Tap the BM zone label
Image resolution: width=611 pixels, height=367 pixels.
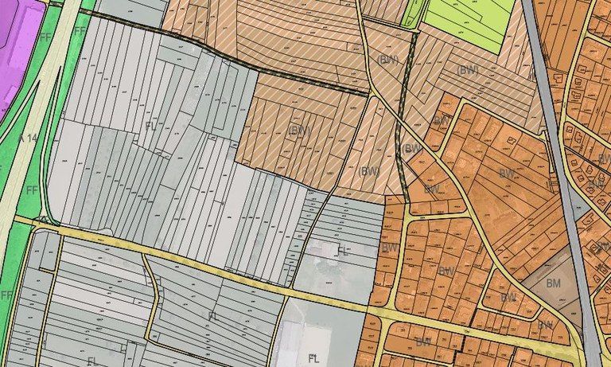click(x=554, y=282)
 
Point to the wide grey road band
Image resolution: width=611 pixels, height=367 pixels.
click(x=556, y=159)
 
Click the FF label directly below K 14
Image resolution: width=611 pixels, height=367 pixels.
click(x=32, y=190)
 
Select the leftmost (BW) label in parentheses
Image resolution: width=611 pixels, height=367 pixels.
click(x=298, y=130)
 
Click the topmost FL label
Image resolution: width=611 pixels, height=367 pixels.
click(x=150, y=126)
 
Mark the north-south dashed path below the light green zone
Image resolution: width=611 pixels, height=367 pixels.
click(x=403, y=119)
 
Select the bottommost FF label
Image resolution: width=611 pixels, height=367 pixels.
click(x=7, y=295)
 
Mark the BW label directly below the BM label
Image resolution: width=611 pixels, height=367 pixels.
click(x=545, y=324)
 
